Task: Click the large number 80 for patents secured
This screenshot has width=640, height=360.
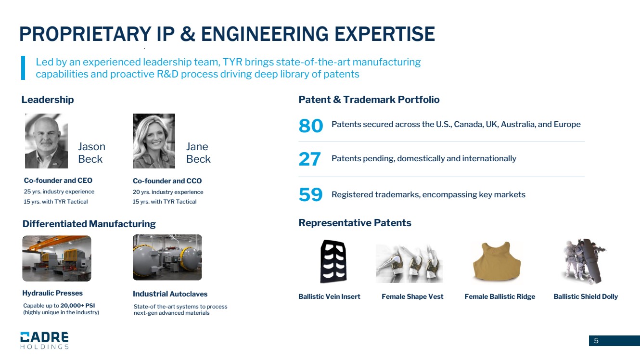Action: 310,126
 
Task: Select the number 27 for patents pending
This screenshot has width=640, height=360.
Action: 309,159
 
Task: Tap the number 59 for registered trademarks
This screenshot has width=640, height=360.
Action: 310,194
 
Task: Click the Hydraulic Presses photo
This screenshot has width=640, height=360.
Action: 57,258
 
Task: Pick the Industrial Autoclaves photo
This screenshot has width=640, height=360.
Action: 167,257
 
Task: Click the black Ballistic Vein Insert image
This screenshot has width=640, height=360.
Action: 333,261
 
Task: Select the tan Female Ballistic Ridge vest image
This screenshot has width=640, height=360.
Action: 497,261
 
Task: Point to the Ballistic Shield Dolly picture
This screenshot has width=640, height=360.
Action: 584,261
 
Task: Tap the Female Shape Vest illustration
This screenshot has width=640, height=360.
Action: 410,263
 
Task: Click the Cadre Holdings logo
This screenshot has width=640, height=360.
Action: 44,340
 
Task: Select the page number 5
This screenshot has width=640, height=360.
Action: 596,341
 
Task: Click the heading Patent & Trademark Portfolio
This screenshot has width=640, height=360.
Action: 369,100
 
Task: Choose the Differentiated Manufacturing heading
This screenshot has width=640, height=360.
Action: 89,224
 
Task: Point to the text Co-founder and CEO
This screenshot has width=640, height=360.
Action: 58,180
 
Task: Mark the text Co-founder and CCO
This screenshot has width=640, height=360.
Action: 167,181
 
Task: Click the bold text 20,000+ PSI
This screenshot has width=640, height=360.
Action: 77,306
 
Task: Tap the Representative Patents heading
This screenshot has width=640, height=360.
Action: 355,223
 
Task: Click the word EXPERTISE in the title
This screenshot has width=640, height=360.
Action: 384,34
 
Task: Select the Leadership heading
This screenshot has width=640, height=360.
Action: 48,100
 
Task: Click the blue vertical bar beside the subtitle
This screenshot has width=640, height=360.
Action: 23,68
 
